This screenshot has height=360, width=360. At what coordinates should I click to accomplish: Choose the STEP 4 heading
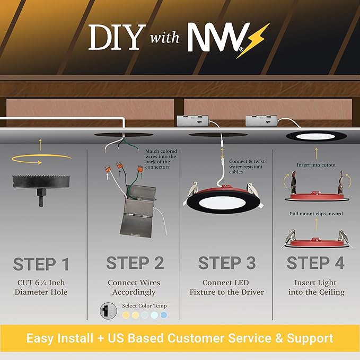point(315,264)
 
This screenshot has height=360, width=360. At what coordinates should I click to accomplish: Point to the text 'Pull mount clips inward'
point(316,214)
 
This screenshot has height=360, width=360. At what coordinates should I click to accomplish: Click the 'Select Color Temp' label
point(144,306)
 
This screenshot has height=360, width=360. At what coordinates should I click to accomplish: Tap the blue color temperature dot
point(164,315)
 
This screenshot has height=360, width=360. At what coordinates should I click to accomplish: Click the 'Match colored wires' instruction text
point(161,159)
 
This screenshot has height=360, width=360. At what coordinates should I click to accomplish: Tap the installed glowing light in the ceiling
point(317,137)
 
